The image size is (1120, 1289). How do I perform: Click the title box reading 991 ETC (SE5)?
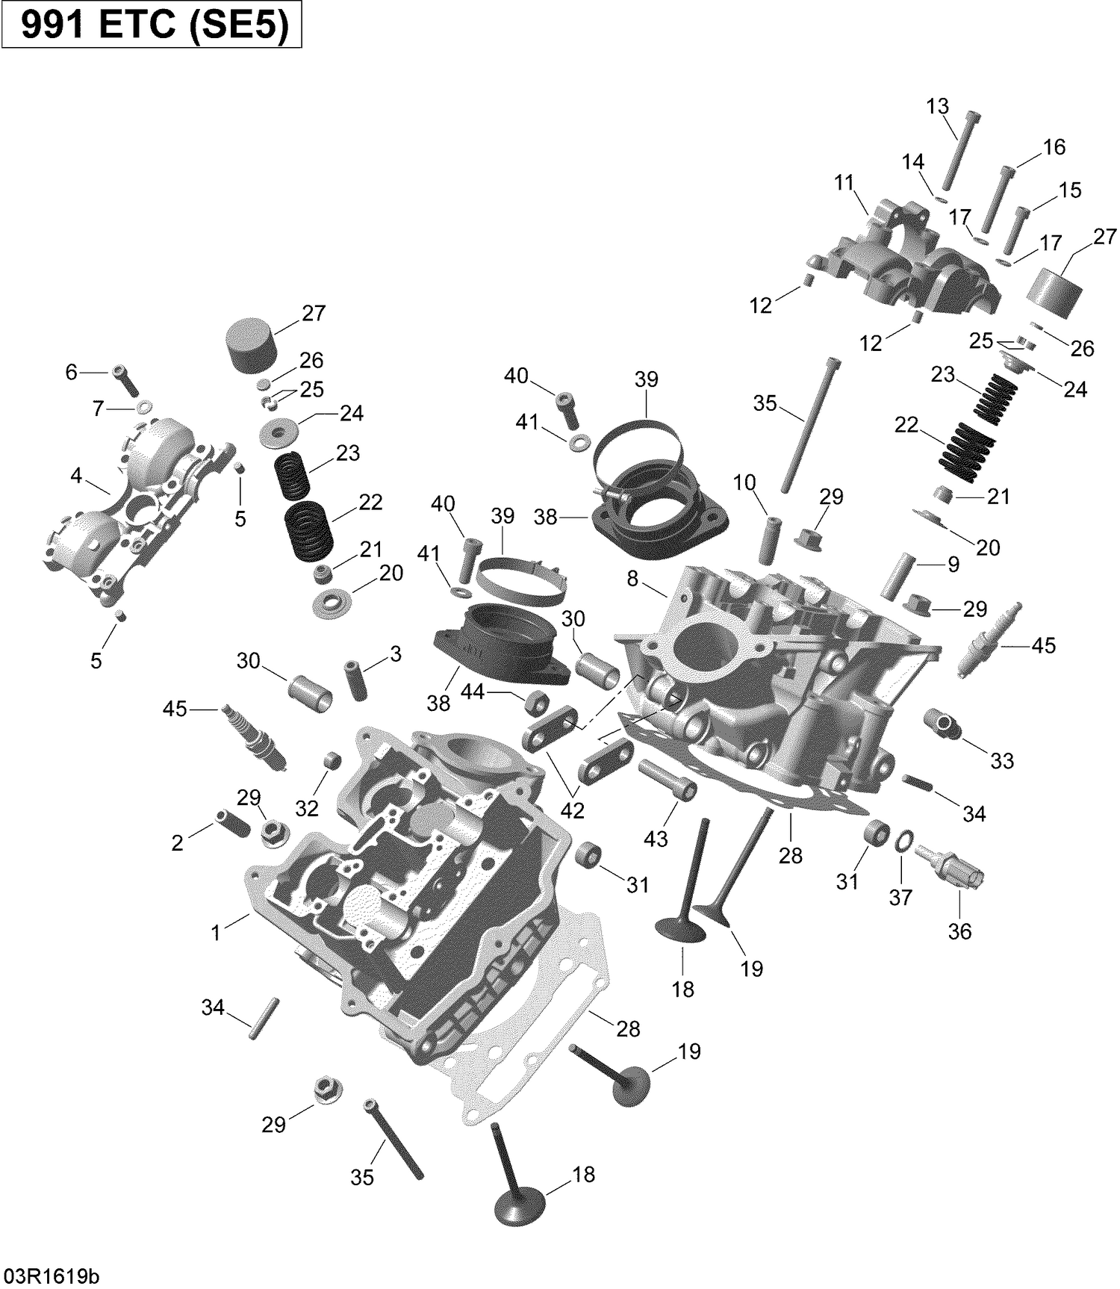pos(152,25)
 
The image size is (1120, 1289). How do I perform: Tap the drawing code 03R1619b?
pos(51,1275)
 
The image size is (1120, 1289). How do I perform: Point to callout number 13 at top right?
pos(937,106)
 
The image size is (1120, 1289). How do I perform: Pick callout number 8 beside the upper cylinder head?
pos(632,579)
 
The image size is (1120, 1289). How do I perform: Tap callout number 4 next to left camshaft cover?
pos(76,475)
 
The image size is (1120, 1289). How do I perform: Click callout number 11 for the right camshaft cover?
pos(844,182)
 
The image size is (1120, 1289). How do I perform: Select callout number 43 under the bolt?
pos(656,839)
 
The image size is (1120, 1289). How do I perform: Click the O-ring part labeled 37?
pos(903,842)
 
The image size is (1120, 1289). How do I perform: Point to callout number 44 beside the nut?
pos(472,692)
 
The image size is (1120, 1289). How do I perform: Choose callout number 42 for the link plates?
pos(572,810)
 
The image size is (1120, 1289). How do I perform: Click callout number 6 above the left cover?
pos(71,371)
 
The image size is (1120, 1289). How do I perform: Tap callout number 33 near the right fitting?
pos(1002,760)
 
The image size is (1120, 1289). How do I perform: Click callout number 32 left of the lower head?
pos(307,808)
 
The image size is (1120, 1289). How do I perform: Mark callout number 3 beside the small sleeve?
pos(396,654)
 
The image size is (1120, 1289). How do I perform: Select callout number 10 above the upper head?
pos(744,482)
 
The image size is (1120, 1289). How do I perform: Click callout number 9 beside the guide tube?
pos(953,565)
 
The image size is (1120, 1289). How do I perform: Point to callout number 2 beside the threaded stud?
pos(177,843)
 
